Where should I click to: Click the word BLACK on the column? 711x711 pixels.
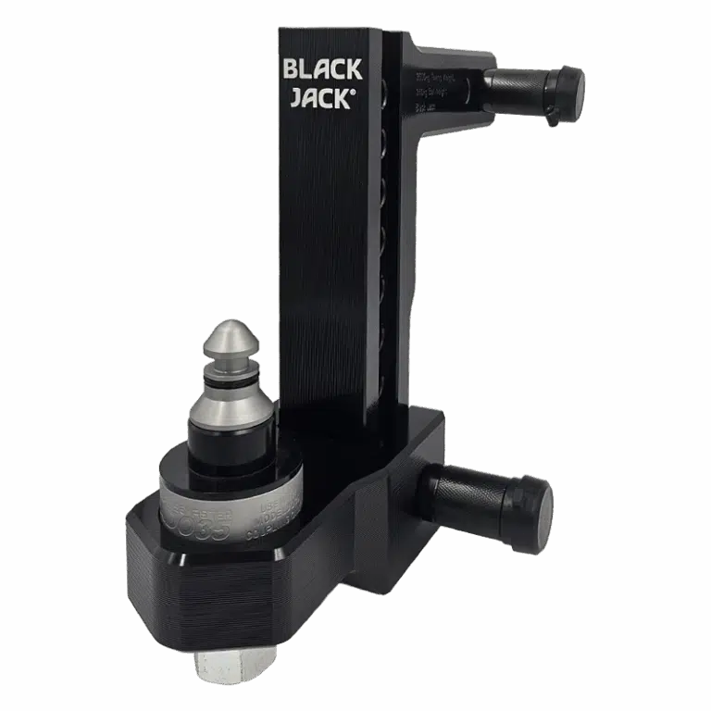[x=322, y=70]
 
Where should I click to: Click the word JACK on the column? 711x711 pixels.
[x=318, y=99]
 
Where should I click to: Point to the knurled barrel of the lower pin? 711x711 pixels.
[x=472, y=495]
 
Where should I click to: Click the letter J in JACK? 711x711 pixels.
[x=294, y=99]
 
